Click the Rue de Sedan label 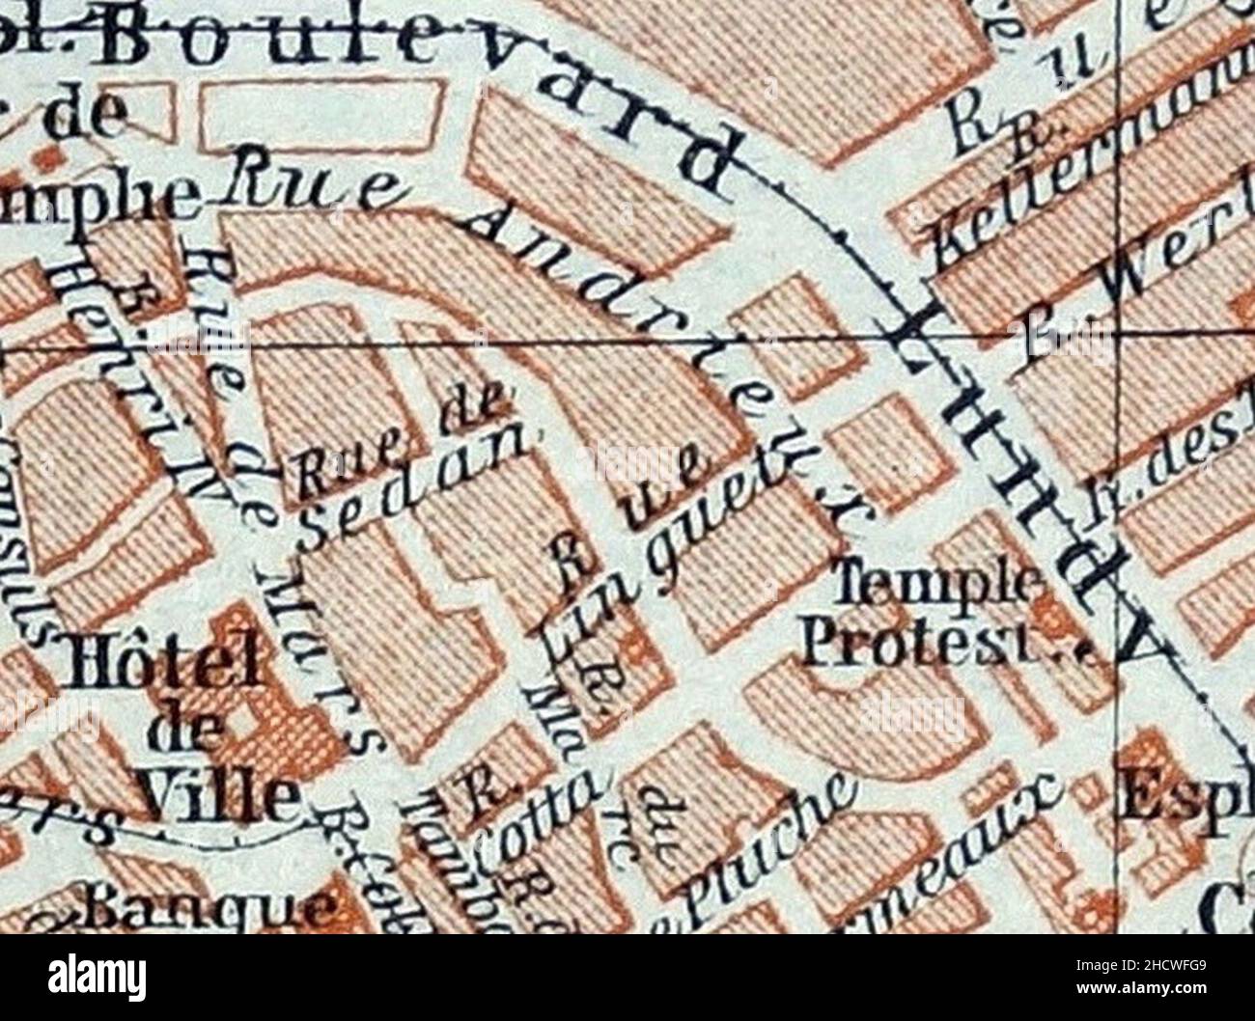[x=405, y=473]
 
